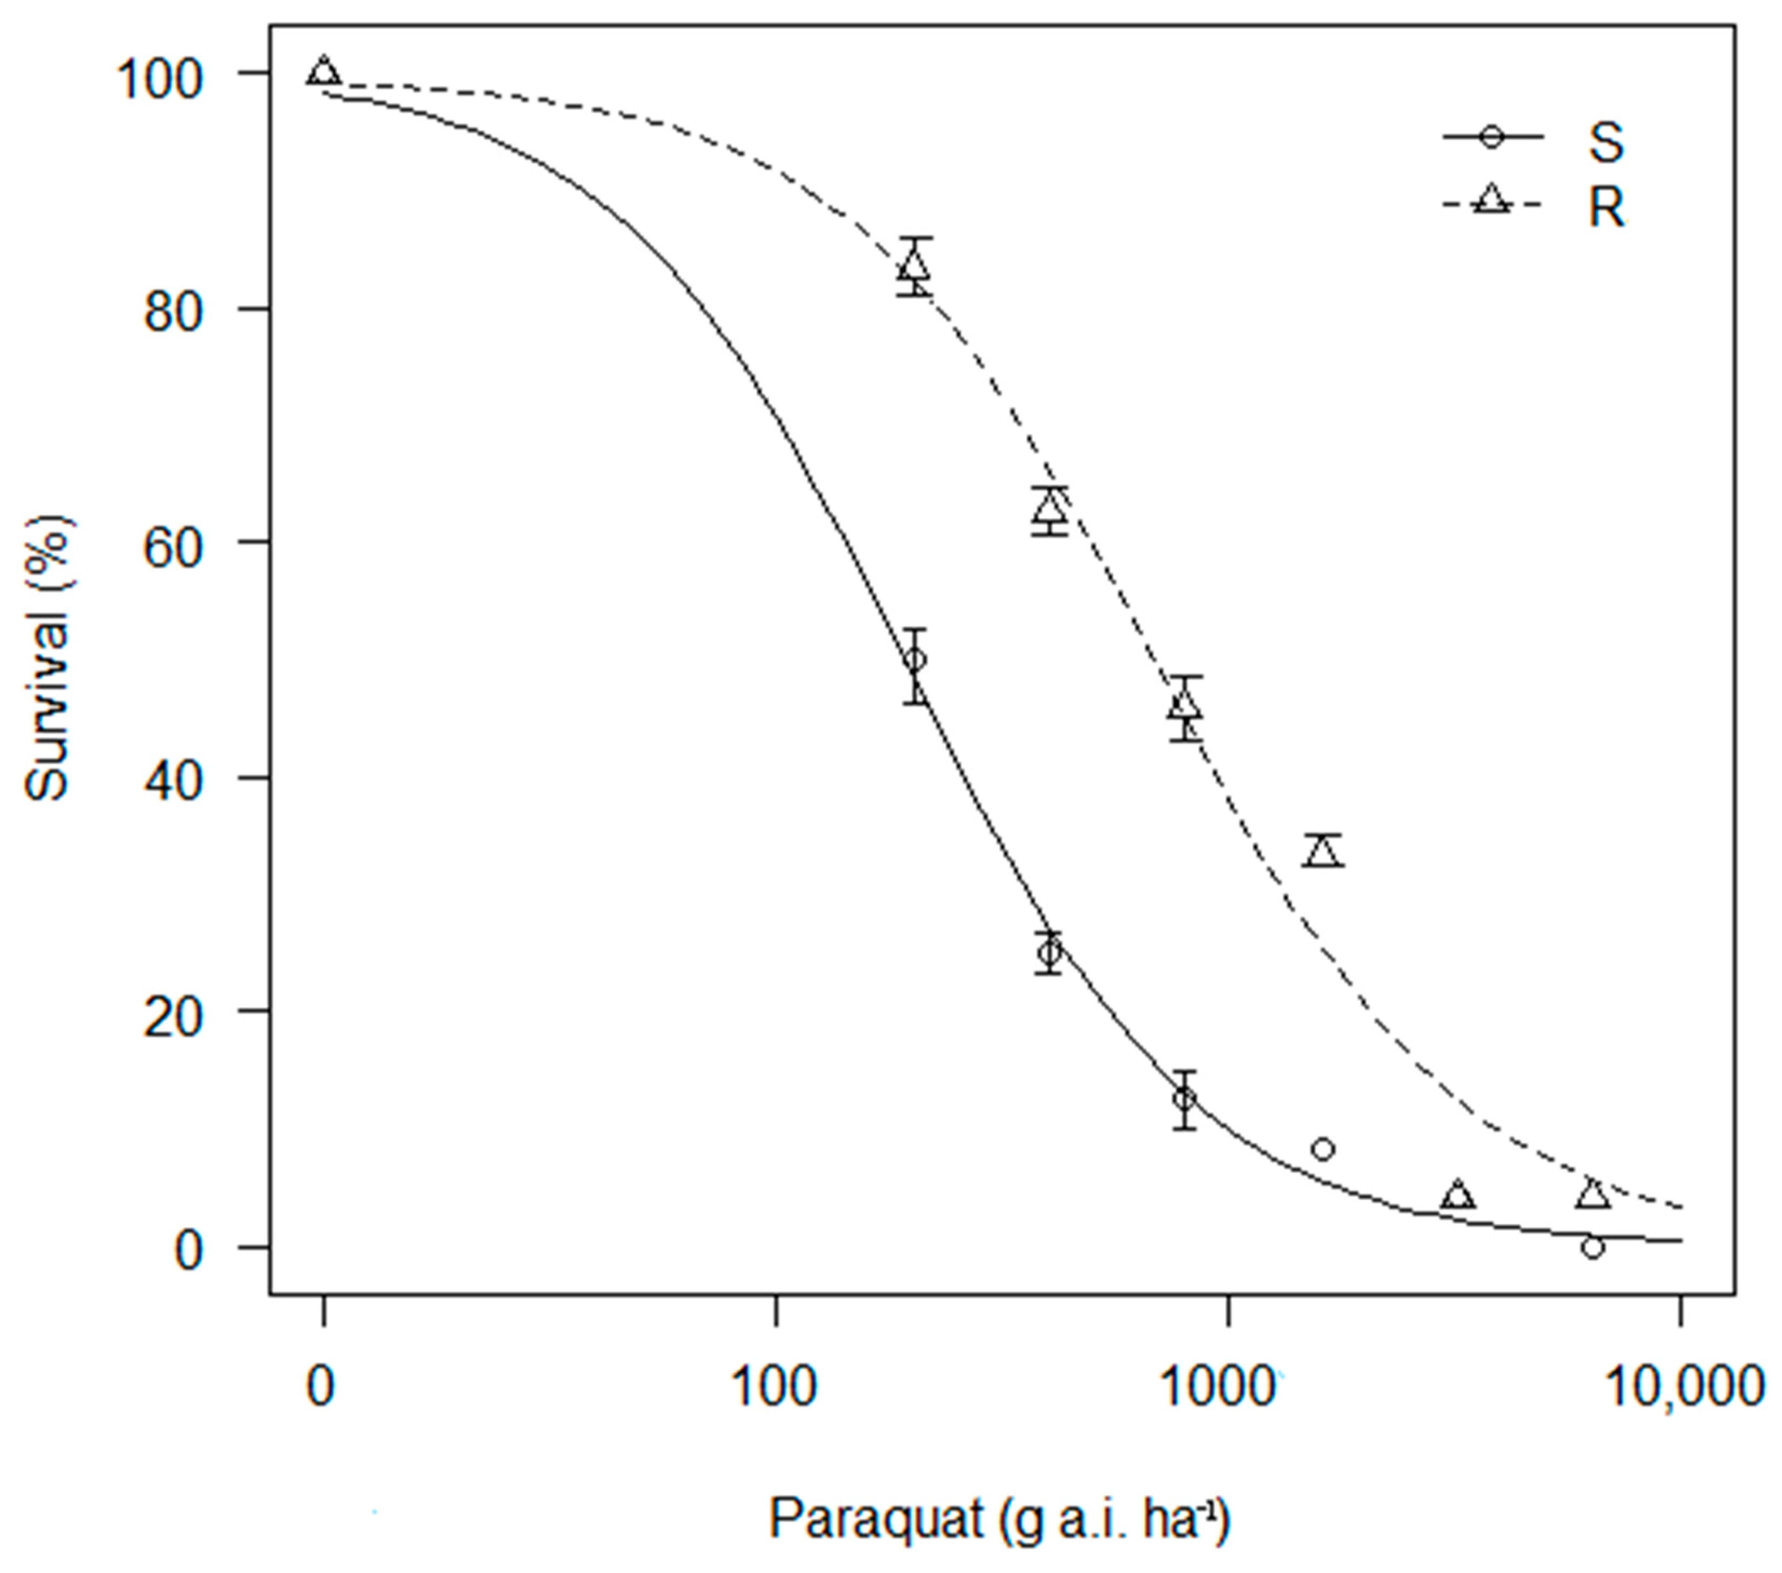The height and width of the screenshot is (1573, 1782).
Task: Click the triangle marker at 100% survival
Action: point(324,71)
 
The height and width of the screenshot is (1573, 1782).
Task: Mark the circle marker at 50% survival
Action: point(914,660)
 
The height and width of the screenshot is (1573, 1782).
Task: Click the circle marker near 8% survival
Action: point(1322,1149)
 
